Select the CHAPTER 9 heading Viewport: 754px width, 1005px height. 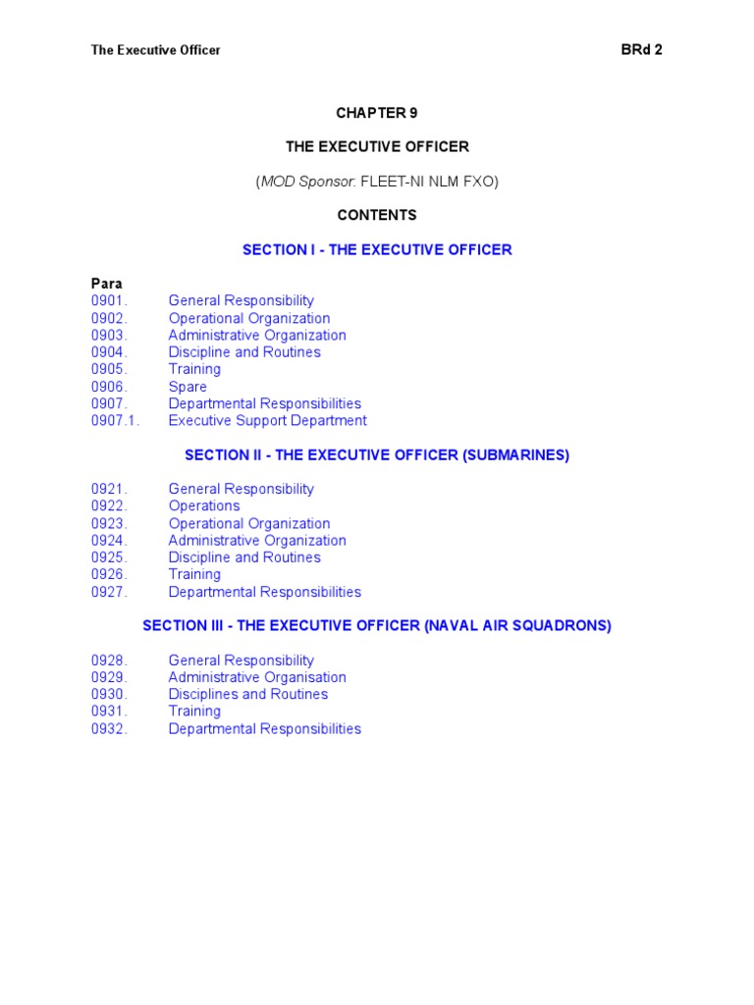[x=377, y=113]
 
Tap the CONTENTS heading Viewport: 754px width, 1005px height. [x=377, y=215]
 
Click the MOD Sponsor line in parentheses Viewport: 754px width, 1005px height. [x=377, y=182]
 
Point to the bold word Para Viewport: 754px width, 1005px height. [x=107, y=284]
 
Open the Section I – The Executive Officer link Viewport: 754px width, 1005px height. [x=377, y=250]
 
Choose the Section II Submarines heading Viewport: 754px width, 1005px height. [x=377, y=455]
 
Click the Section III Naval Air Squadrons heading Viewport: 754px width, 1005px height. [x=377, y=626]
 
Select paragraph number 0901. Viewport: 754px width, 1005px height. [x=110, y=301]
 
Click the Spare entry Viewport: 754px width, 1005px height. [x=188, y=387]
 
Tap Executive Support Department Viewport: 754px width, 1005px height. [x=267, y=421]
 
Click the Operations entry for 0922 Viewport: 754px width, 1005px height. [x=204, y=506]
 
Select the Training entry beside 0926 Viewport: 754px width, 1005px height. [x=194, y=575]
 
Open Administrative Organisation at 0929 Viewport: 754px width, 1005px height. [x=257, y=678]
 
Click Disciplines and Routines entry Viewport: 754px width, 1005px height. [x=248, y=695]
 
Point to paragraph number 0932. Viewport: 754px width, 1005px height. [x=110, y=729]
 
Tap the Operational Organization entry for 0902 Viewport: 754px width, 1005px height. [x=249, y=319]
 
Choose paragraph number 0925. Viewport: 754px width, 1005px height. [x=110, y=557]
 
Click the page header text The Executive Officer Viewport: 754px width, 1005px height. [x=156, y=50]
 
